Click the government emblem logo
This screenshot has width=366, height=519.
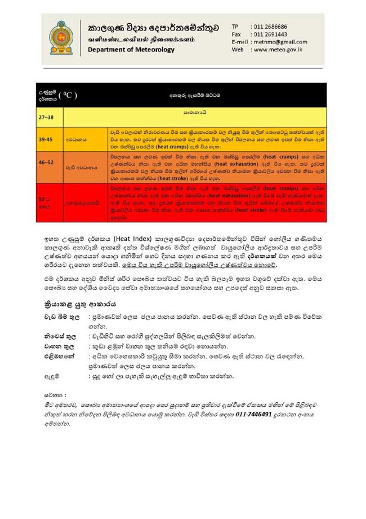pyautogui.click(x=61, y=37)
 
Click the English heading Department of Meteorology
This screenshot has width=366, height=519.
pyautogui.click(x=131, y=50)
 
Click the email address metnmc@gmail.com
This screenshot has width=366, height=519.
pyautogui.click(x=280, y=42)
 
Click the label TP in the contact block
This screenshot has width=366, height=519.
pyautogui.click(x=235, y=27)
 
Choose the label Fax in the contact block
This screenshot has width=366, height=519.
pyautogui.click(x=236, y=34)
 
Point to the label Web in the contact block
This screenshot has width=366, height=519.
pyautogui.click(x=237, y=49)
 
